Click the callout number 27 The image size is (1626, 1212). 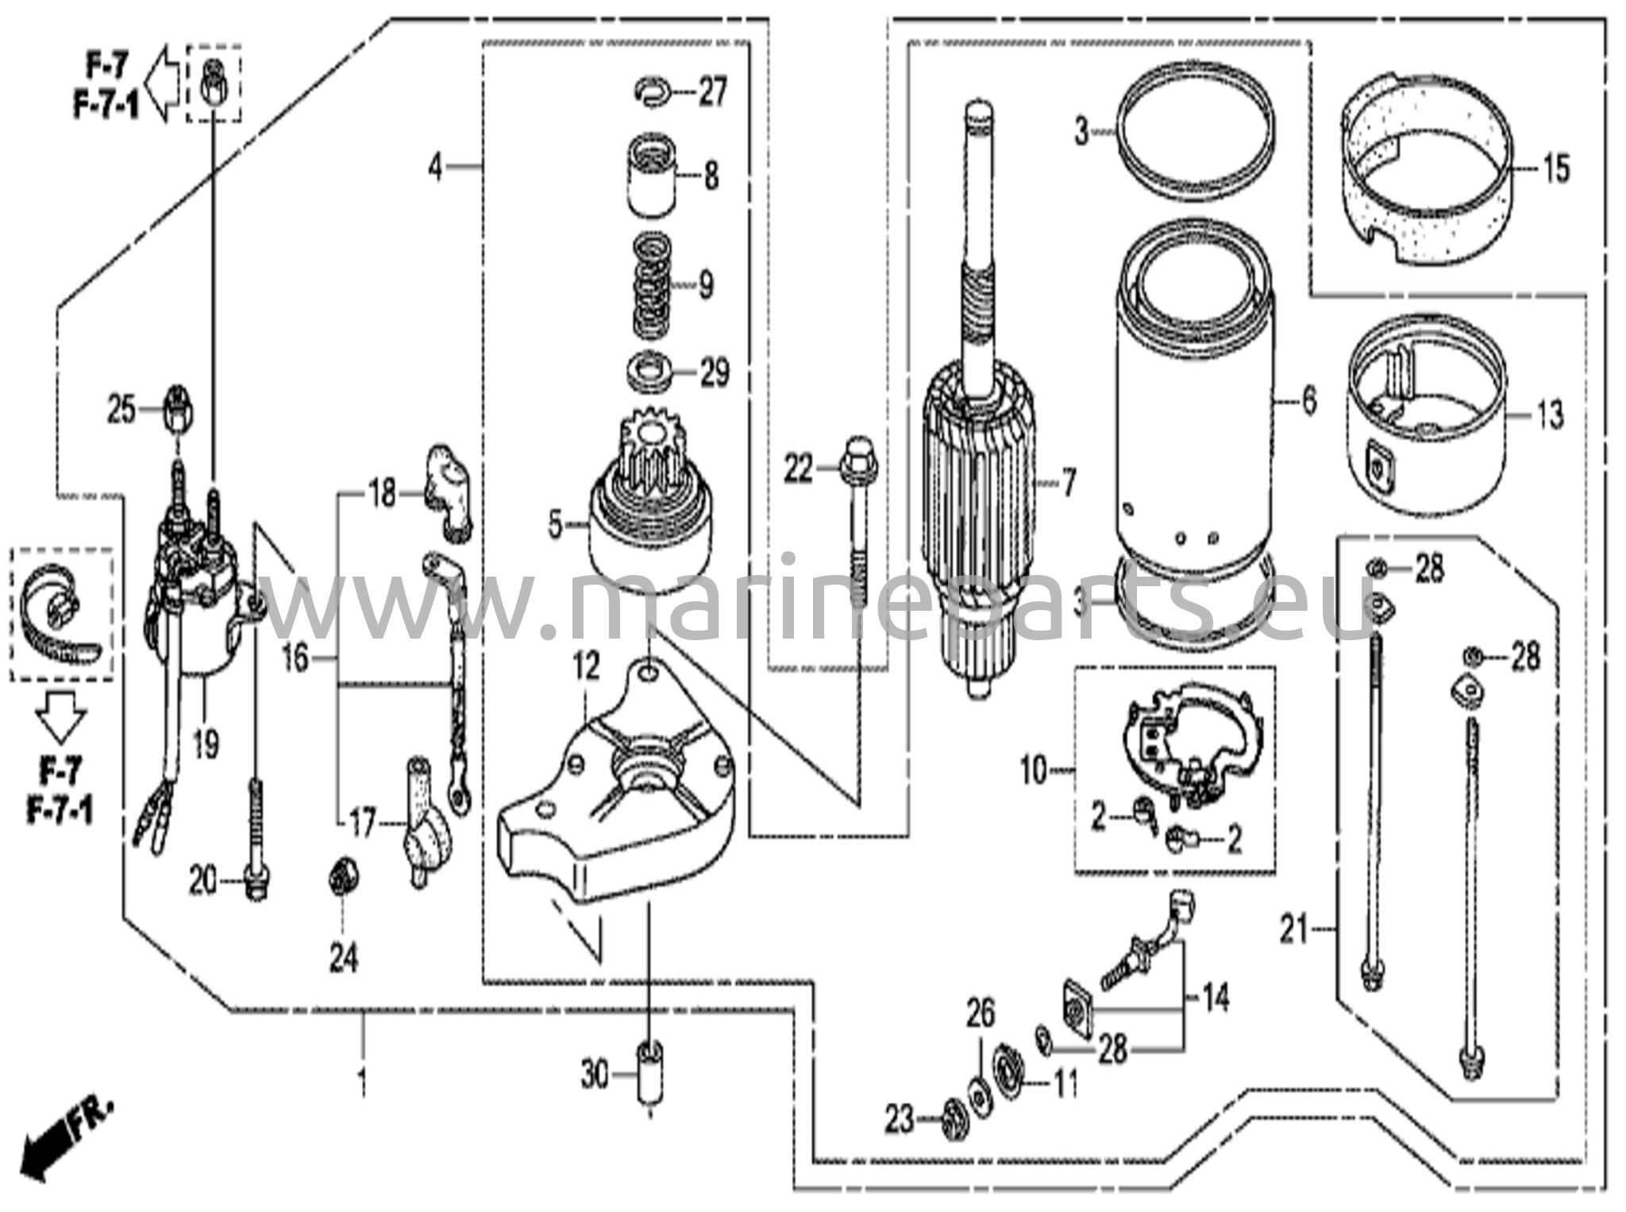tap(712, 93)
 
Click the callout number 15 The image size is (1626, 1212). tap(1556, 168)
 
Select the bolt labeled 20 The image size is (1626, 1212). tap(256, 842)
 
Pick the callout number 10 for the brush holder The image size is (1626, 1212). tap(1034, 771)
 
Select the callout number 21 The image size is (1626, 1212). tap(1293, 929)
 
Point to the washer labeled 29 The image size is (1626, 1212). tap(649, 371)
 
